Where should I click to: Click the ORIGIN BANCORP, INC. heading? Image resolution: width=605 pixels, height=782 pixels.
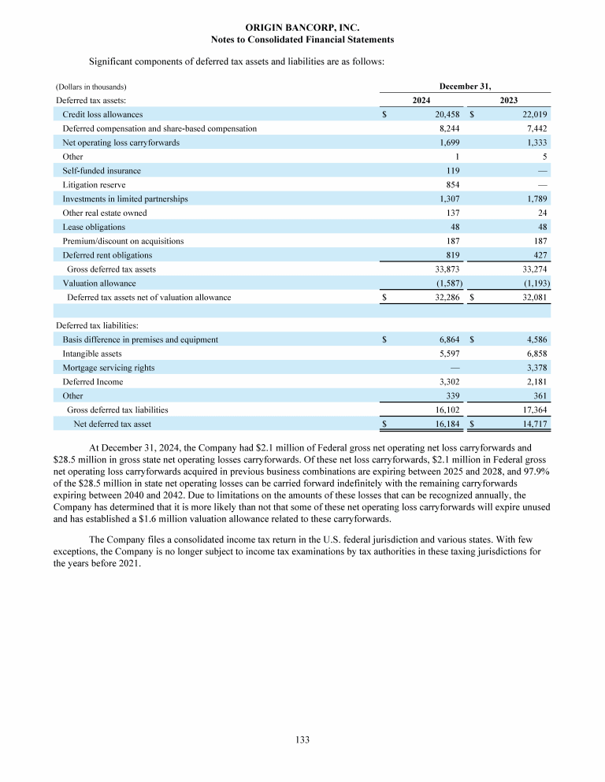(x=302, y=28)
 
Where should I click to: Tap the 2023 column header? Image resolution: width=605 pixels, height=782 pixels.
(x=509, y=100)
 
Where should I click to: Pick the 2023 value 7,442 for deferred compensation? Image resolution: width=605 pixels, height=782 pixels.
(x=534, y=128)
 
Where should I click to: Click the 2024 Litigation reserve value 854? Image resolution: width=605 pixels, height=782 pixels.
(x=452, y=185)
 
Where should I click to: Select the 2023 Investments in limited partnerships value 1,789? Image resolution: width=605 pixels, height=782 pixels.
(x=534, y=199)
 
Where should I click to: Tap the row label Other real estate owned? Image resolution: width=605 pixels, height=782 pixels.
(x=104, y=213)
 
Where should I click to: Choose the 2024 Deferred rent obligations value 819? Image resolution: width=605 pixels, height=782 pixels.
(x=452, y=255)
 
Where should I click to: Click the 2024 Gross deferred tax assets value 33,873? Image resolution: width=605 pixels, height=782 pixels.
(x=447, y=269)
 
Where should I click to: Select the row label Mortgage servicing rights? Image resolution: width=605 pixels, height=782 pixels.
(x=108, y=368)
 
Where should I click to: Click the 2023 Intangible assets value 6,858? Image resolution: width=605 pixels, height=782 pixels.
(x=534, y=354)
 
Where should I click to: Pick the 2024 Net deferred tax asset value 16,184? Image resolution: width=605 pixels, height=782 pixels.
(x=446, y=424)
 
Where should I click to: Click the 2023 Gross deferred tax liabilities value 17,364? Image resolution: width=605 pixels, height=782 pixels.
(x=531, y=410)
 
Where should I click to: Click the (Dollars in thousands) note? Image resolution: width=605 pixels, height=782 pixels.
(x=91, y=86)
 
